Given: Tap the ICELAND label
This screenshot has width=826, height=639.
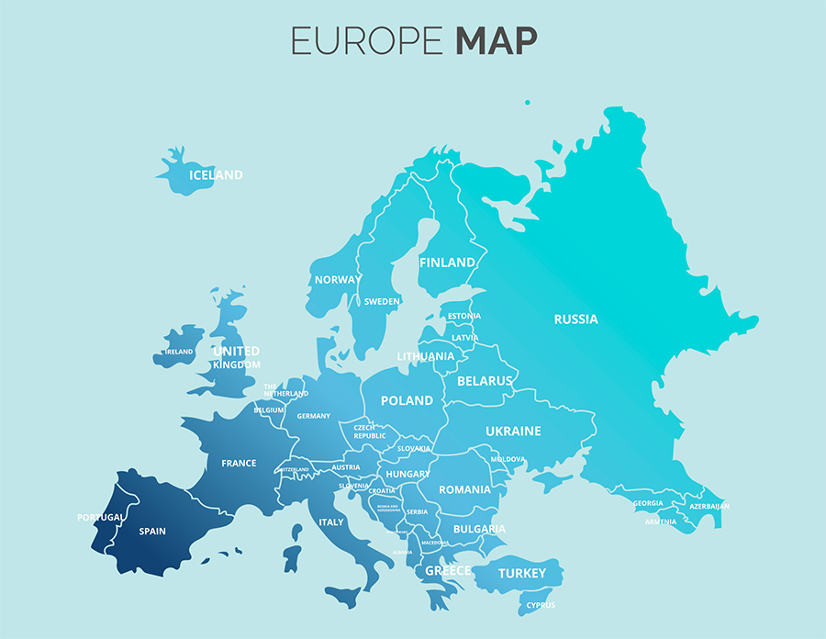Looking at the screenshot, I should tap(216, 175).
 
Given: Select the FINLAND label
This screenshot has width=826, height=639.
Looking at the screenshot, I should tap(448, 263).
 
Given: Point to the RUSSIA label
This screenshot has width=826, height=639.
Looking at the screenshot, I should tap(575, 319).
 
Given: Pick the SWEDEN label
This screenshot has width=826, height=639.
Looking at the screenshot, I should tap(382, 301).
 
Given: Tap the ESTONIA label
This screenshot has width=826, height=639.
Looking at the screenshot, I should tap(464, 317).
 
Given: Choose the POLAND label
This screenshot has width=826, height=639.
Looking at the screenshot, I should tap(407, 400).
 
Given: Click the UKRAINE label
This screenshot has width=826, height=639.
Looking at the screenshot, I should tap(513, 431).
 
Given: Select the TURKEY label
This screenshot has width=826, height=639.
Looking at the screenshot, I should tap(521, 573).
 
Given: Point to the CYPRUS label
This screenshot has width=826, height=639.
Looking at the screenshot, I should tap(541, 605).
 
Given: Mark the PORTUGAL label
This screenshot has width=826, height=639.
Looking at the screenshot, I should tap(100, 518).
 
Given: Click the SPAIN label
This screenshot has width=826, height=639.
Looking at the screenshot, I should tap(152, 531).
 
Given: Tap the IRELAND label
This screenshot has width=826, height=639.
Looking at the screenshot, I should tap(179, 352).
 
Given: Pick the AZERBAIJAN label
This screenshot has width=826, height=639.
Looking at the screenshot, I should tap(709, 506).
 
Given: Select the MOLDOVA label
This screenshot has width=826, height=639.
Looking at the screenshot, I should tap(508, 459).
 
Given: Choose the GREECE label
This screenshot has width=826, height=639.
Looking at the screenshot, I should tap(447, 571).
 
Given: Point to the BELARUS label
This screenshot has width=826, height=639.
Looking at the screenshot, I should tap(485, 380).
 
